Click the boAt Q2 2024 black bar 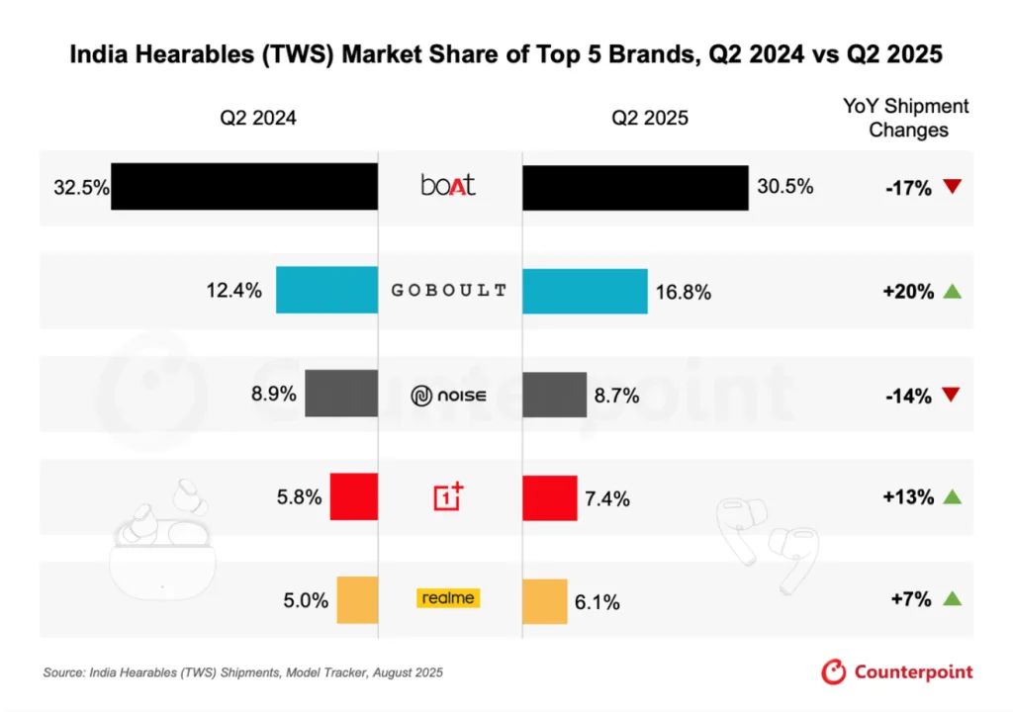[x=244, y=186]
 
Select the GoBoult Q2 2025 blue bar [x=585, y=291]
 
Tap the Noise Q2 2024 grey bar [x=341, y=394]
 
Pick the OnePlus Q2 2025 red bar [x=549, y=497]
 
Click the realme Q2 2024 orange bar [x=357, y=600]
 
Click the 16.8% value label [x=683, y=292]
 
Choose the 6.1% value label [x=598, y=601]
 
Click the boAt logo [x=448, y=185]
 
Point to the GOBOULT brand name [x=449, y=291]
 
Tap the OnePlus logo [x=448, y=496]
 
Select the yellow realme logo [x=448, y=597]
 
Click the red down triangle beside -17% [x=953, y=186]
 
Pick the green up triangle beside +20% [x=953, y=291]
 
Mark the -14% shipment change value [x=908, y=396]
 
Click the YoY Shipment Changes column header [x=908, y=118]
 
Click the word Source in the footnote [x=62, y=672]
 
